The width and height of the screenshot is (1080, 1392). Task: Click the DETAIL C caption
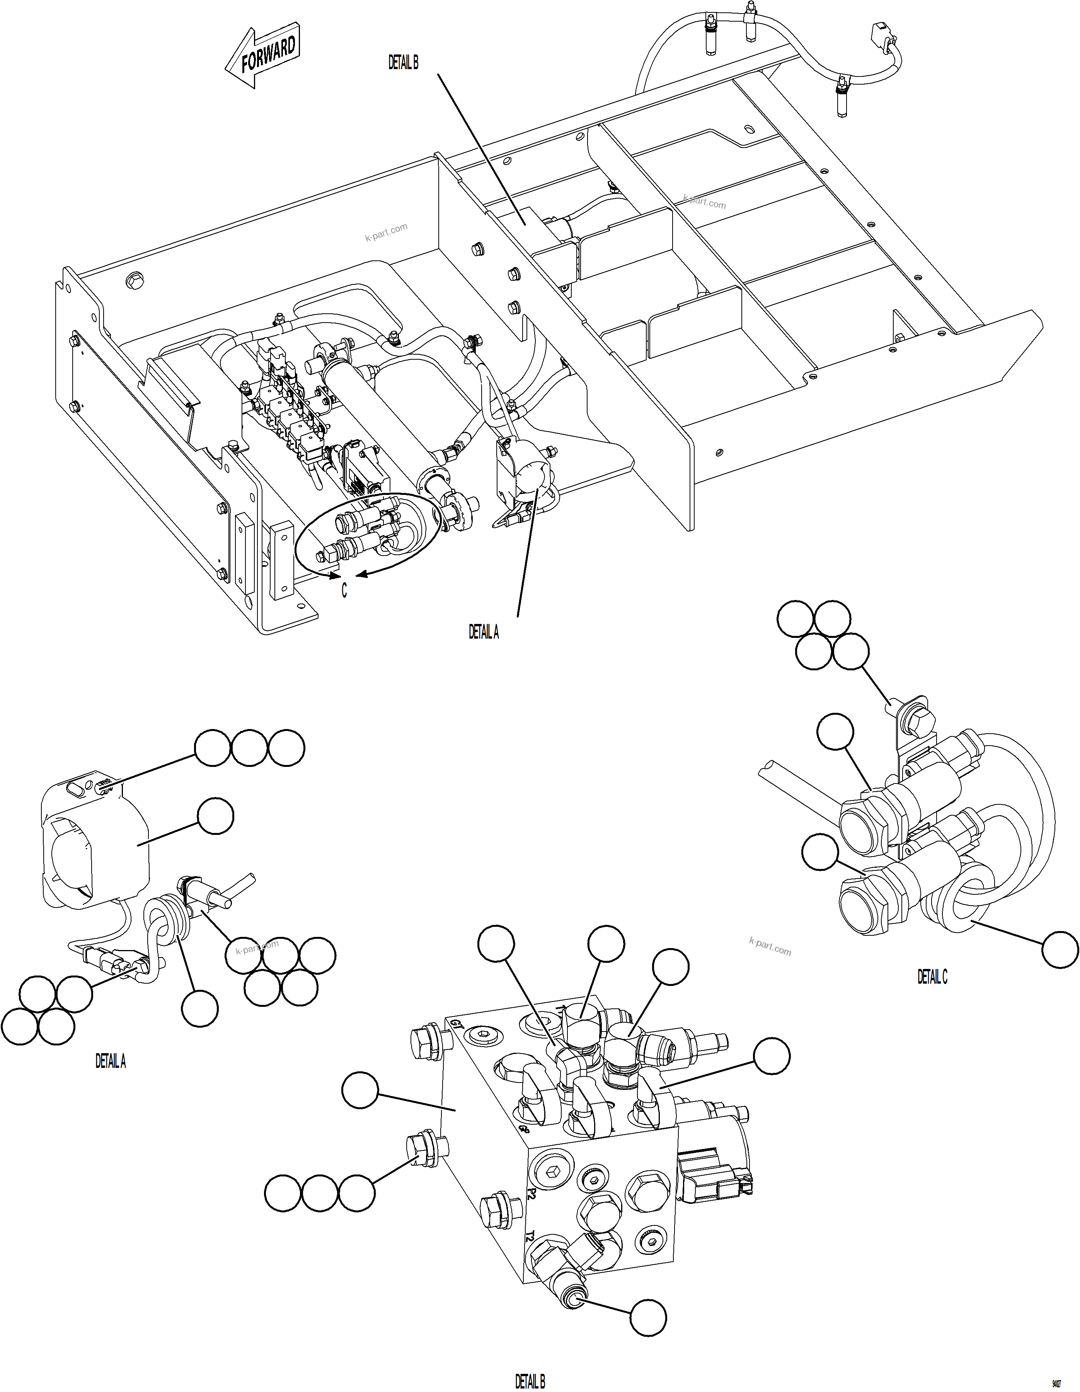932,976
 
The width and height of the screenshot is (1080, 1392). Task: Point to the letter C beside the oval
344,591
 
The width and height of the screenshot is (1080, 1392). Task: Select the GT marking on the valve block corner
456,1025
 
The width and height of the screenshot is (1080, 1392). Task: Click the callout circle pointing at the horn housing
215,816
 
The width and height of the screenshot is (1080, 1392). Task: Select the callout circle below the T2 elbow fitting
648,1317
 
